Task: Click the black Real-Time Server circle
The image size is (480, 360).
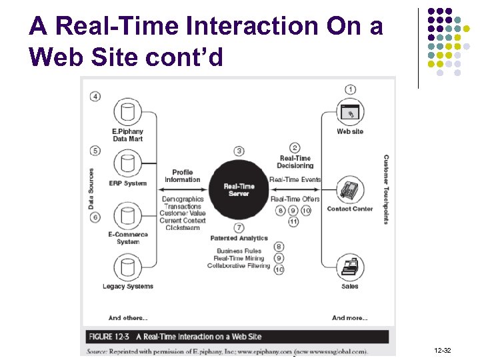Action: coord(238,189)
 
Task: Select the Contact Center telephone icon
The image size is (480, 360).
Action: coord(349,190)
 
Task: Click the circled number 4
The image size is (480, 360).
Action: coord(96,97)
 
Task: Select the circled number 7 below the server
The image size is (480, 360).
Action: coord(239,228)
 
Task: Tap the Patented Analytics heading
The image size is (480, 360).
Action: coord(239,238)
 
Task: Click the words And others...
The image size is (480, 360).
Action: coord(128,318)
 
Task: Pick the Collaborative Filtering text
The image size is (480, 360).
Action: coord(238,266)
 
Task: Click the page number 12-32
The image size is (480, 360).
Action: coord(442,350)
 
